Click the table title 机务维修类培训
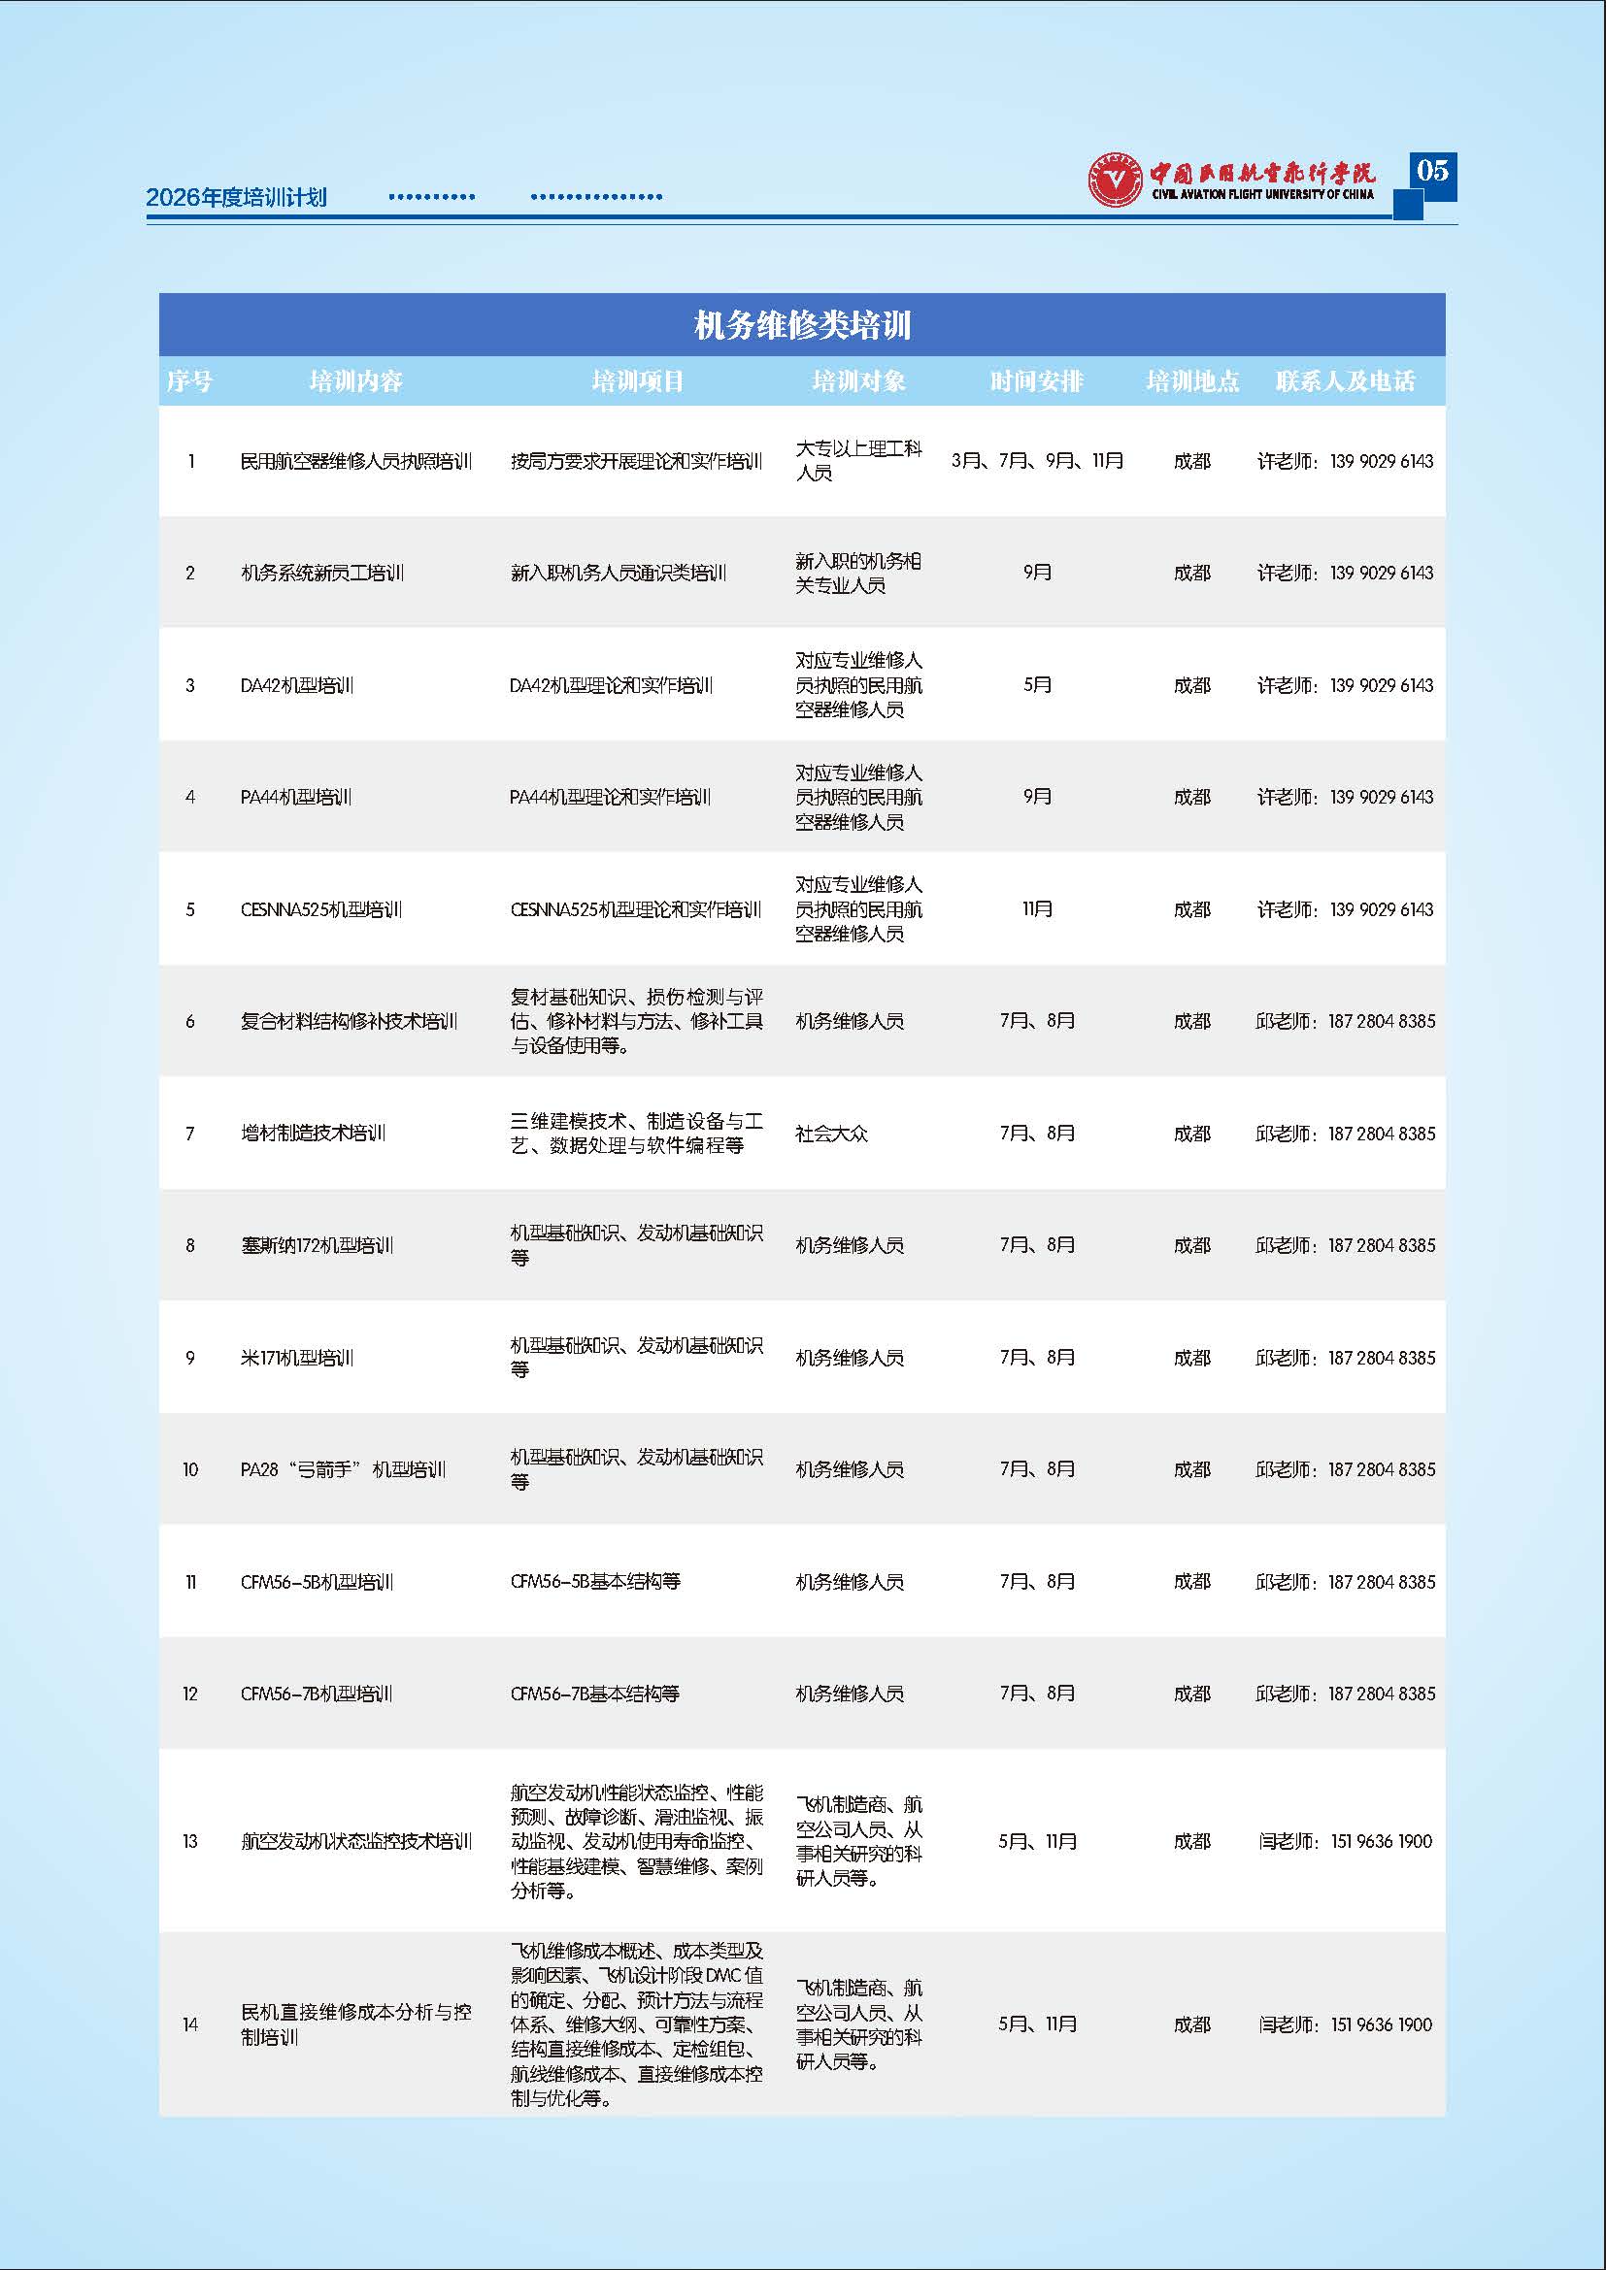point(802,325)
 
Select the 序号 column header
point(189,381)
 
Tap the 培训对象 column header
point(858,381)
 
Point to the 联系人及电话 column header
point(1345,381)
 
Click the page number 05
point(1432,171)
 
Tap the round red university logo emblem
point(1115,180)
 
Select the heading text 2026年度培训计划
point(236,197)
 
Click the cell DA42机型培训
point(297,685)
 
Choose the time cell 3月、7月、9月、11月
point(1037,461)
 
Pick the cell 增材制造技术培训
point(313,1133)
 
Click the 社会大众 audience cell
point(832,1133)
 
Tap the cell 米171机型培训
point(297,1358)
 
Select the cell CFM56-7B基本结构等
point(594,1694)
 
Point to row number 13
point(190,1841)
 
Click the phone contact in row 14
point(1345,2024)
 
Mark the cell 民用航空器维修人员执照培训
point(356,461)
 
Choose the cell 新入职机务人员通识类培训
point(619,573)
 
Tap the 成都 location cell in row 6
point(1191,1021)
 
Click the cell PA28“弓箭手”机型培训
point(343,1469)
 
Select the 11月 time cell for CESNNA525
point(1037,909)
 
